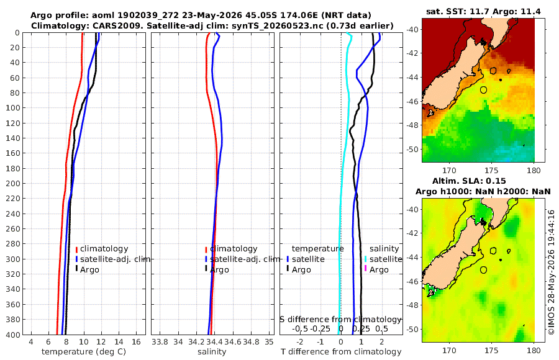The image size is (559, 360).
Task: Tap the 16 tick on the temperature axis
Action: [x=136, y=342]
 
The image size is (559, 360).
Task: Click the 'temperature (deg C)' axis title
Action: [x=84, y=352]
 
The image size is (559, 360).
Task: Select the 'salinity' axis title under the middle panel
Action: [x=212, y=352]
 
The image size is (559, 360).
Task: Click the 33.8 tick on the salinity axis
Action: [x=160, y=342]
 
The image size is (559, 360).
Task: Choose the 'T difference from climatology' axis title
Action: [x=341, y=352]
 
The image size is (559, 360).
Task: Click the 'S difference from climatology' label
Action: [x=340, y=320]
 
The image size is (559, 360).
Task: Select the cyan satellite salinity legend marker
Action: [x=365, y=259]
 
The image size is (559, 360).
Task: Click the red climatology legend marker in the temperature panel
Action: [x=76, y=250]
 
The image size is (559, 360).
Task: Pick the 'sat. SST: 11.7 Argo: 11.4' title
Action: [x=483, y=12]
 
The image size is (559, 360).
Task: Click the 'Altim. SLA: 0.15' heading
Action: [x=469, y=181]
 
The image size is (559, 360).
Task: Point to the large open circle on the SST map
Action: [x=483, y=90]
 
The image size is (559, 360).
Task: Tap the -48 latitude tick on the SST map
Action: [x=413, y=125]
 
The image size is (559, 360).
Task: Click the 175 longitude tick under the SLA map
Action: [x=492, y=350]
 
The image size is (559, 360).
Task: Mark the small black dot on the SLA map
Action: [x=501, y=260]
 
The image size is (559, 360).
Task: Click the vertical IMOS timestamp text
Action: [x=552, y=272]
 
